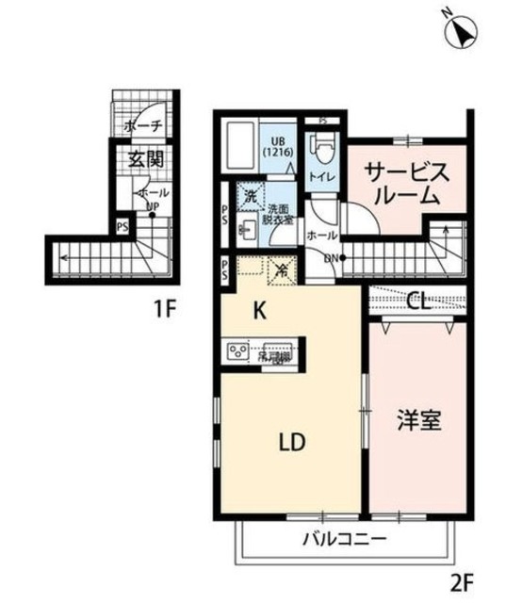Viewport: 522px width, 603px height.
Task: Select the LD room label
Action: tap(292, 441)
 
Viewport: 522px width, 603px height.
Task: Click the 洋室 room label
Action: tap(415, 419)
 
